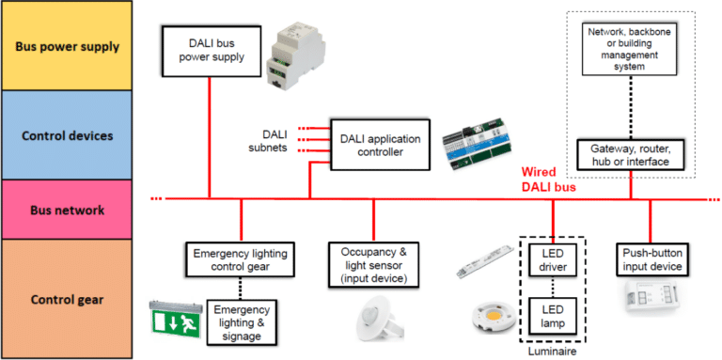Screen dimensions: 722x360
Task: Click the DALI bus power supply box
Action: [212, 51]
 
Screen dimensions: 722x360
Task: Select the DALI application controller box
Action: [380, 145]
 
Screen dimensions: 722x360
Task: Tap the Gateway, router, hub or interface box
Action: [631, 155]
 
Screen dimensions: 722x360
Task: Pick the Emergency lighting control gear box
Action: [240, 259]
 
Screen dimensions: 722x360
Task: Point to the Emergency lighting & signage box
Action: [242, 322]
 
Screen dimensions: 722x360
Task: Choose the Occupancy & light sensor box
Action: [374, 265]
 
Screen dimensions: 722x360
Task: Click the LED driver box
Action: [553, 260]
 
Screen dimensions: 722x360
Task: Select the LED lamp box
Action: [553, 316]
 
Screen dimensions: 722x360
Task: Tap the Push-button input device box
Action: [652, 260]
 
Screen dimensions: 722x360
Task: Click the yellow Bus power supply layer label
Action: [67, 46]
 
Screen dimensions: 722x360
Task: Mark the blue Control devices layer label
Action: [67, 135]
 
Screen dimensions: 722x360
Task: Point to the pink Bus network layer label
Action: [67, 210]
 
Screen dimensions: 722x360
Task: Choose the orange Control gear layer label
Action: [67, 300]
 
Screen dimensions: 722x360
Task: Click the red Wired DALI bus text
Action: [547, 180]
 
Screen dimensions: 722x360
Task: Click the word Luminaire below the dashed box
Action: [552, 352]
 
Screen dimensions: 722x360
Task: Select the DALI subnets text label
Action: [269, 141]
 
